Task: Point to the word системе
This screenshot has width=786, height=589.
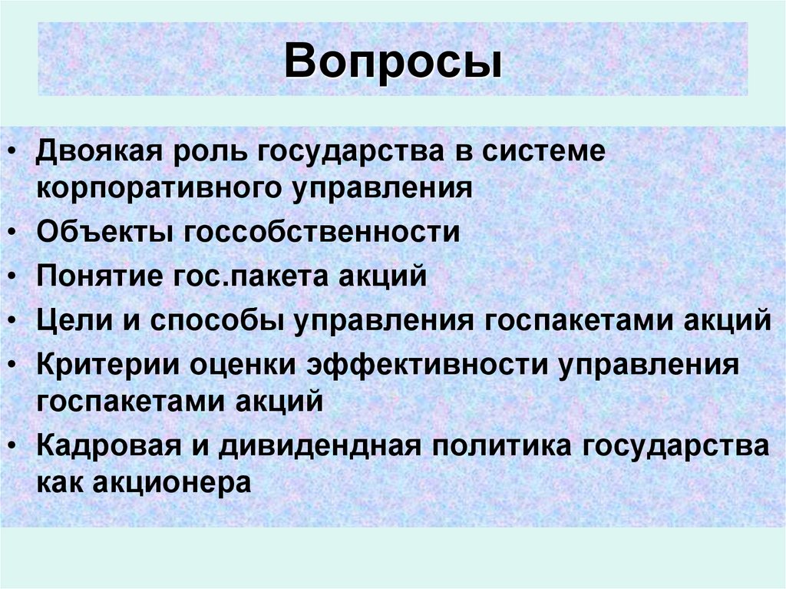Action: pos(544,151)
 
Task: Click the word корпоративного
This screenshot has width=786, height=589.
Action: pos(156,187)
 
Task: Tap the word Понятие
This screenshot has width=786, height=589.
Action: pos(96,275)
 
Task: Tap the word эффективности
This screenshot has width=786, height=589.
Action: pos(427,363)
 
